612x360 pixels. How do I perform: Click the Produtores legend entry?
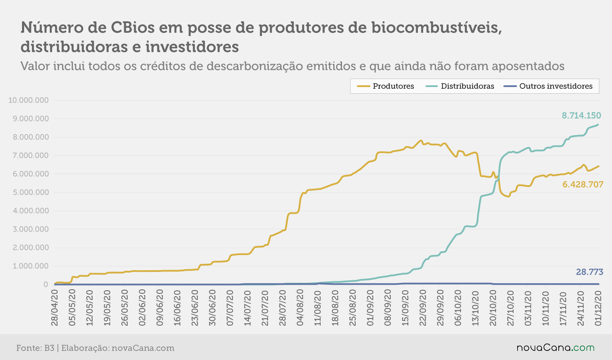(385, 86)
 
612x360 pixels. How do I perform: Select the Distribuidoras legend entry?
(460, 86)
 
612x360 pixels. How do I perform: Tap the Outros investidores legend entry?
(548, 86)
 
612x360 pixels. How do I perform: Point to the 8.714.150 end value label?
(581, 115)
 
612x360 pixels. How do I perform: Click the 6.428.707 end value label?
(583, 185)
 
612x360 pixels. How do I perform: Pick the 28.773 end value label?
(590, 272)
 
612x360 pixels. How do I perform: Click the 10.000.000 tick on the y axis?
(29, 100)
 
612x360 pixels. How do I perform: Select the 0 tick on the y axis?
(46, 285)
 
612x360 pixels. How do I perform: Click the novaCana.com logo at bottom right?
(556, 348)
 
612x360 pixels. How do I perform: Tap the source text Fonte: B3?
(35, 348)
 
